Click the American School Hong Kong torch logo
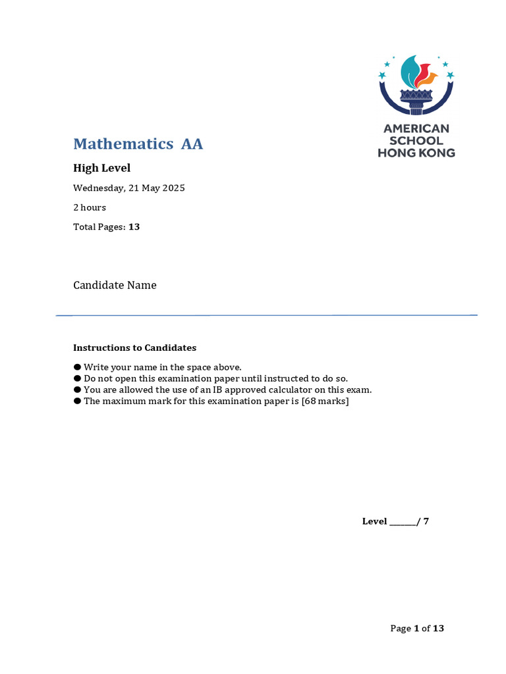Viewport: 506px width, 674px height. pos(416,85)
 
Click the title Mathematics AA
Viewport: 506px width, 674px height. pos(138,143)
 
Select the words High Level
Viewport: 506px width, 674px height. pos(101,168)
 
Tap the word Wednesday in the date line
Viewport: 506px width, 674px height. pos(98,188)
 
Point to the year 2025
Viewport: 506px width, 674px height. pos(173,188)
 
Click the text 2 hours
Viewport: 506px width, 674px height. pos(90,207)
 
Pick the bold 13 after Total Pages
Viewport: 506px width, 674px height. pos(134,227)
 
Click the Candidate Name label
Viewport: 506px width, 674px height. pos(115,285)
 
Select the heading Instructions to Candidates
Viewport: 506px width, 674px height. pos(134,348)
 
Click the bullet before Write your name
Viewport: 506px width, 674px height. pos(77,367)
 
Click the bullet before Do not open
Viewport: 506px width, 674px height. pos(77,378)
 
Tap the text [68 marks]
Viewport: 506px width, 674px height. pos(325,401)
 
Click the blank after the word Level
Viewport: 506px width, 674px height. pos(403,522)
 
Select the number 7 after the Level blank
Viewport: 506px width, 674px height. pos(426,521)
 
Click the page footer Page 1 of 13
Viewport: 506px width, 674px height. pos(417,629)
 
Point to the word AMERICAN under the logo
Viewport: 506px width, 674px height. pos(416,128)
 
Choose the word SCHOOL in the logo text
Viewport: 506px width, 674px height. pos(416,141)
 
